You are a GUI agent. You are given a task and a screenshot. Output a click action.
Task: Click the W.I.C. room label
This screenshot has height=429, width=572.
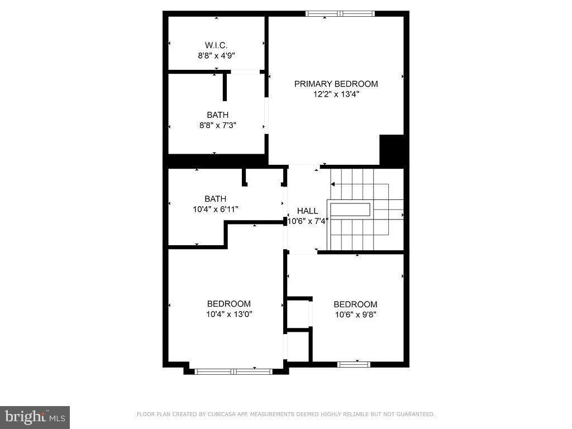click(x=216, y=45)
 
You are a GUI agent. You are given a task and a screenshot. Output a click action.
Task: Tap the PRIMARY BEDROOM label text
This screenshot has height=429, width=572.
click(x=336, y=84)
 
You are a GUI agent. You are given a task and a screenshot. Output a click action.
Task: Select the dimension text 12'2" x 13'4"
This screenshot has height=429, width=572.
click(x=336, y=94)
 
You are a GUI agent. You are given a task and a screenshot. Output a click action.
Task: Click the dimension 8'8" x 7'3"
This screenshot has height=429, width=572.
click(x=218, y=126)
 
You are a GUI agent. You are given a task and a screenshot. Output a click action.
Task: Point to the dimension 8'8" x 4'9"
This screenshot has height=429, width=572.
click(x=216, y=56)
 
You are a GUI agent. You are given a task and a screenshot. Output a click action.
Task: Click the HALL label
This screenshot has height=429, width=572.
click(x=307, y=211)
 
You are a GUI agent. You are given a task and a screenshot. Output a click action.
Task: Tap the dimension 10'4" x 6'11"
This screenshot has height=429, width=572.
click(x=215, y=209)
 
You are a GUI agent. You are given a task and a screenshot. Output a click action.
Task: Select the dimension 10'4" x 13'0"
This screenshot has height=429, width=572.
click(x=229, y=314)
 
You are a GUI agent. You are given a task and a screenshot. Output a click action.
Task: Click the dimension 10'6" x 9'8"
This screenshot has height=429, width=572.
click(x=355, y=314)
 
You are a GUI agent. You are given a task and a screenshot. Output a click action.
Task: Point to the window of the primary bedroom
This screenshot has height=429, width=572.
click(x=340, y=13)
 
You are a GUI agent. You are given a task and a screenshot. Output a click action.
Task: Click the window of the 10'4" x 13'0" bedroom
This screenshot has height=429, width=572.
click(x=233, y=370)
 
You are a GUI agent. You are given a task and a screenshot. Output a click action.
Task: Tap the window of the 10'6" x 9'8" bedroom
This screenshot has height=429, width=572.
click(x=354, y=365)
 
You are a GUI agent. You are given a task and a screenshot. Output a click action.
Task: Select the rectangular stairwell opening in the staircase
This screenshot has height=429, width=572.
click(x=350, y=210)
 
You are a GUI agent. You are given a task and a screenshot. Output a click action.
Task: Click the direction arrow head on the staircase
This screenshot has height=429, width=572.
click(x=333, y=184)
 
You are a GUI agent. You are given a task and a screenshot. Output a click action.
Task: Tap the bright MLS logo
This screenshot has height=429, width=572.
click(x=35, y=417)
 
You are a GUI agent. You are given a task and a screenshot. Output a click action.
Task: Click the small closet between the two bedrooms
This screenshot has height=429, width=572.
click(x=297, y=314)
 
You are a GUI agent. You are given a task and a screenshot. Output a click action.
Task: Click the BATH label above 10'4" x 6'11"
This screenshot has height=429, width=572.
click(x=215, y=199)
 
